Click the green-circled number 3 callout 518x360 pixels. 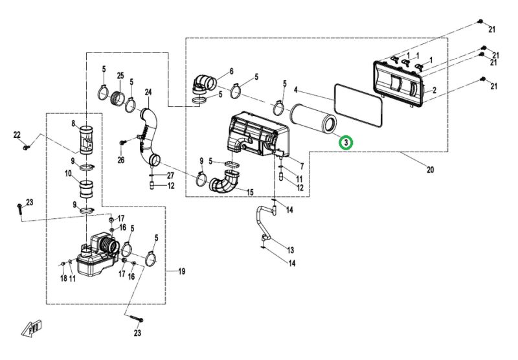tap(346, 142)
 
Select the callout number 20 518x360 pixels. tap(430, 170)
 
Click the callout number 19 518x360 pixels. tap(181, 271)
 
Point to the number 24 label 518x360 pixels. tap(148, 91)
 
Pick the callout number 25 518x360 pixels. tap(120, 76)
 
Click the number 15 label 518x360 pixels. tap(250, 192)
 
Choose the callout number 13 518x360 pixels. tap(290, 250)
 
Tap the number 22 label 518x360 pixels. tap(17, 135)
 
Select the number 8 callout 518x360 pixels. tap(73, 124)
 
